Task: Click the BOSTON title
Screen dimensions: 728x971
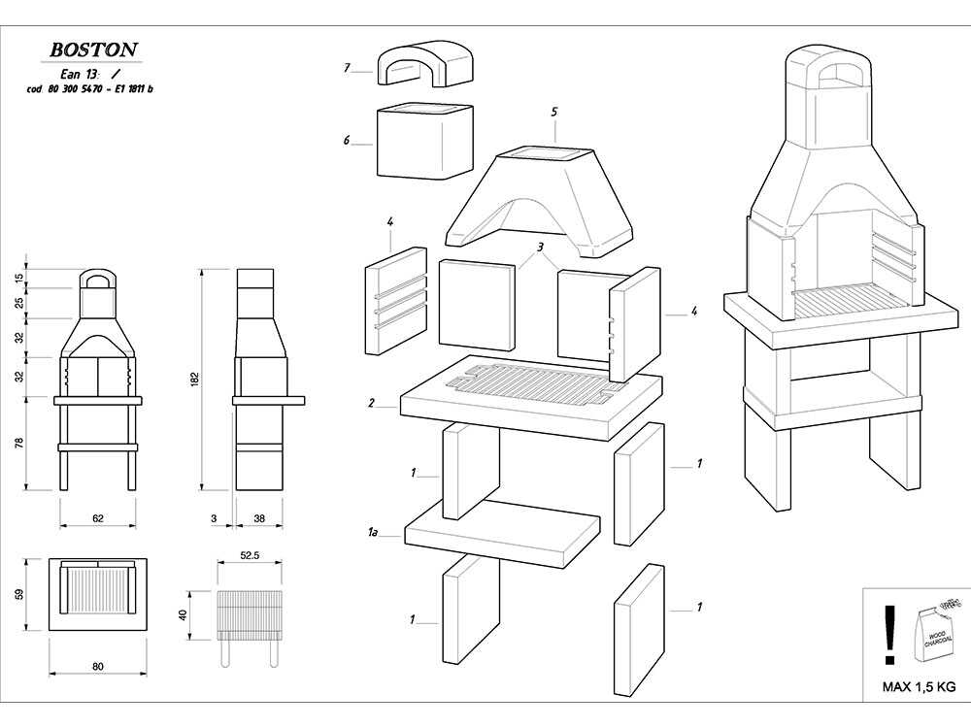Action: click(93, 49)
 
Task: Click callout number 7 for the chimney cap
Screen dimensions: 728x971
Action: click(347, 68)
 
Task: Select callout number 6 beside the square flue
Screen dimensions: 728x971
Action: click(347, 140)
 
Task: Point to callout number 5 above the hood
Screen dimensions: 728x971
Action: click(553, 113)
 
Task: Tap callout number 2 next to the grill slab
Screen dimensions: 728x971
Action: click(372, 401)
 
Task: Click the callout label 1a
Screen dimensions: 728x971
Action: click(373, 532)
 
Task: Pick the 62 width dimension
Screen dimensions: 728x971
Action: click(97, 518)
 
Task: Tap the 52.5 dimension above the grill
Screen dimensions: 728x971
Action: click(249, 556)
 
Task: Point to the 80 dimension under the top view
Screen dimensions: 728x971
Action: click(97, 667)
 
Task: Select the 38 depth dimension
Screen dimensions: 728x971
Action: click(259, 518)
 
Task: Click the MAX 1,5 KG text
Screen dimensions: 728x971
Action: click(918, 686)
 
